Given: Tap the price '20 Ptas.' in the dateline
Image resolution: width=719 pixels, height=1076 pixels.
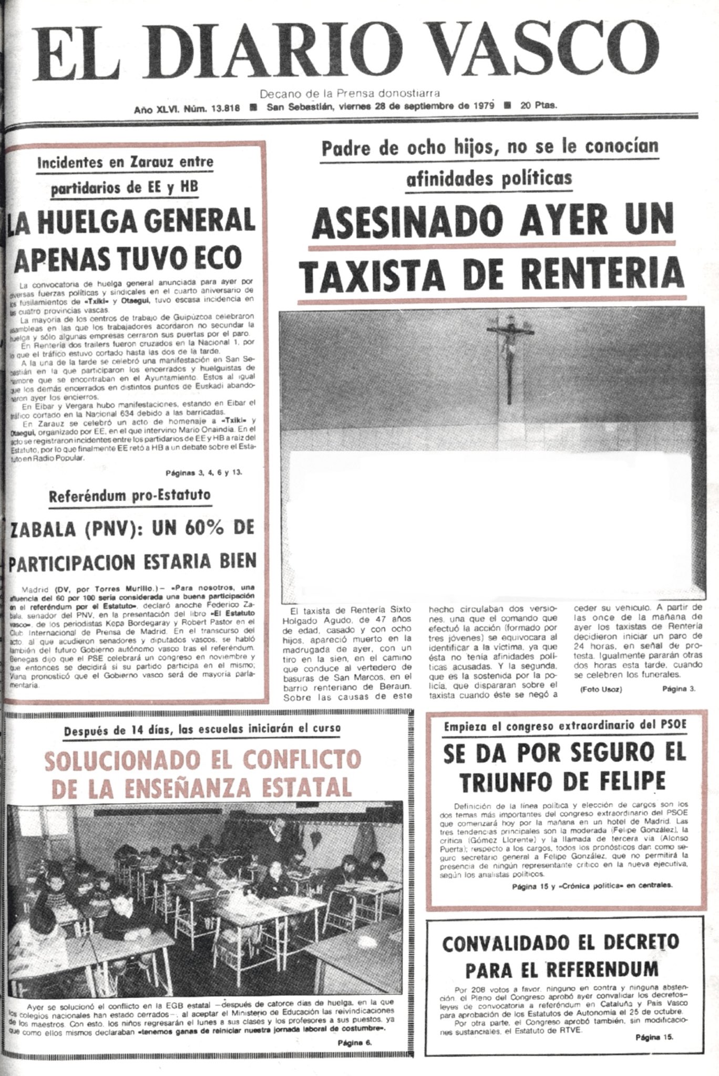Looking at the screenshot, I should (x=539, y=105).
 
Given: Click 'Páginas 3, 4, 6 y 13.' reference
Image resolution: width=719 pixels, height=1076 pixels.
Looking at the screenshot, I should (x=204, y=472).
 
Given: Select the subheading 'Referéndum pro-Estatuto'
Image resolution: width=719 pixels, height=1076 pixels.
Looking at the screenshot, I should (x=130, y=495).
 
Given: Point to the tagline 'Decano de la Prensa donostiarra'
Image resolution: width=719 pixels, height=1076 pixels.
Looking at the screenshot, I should (x=350, y=95).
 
